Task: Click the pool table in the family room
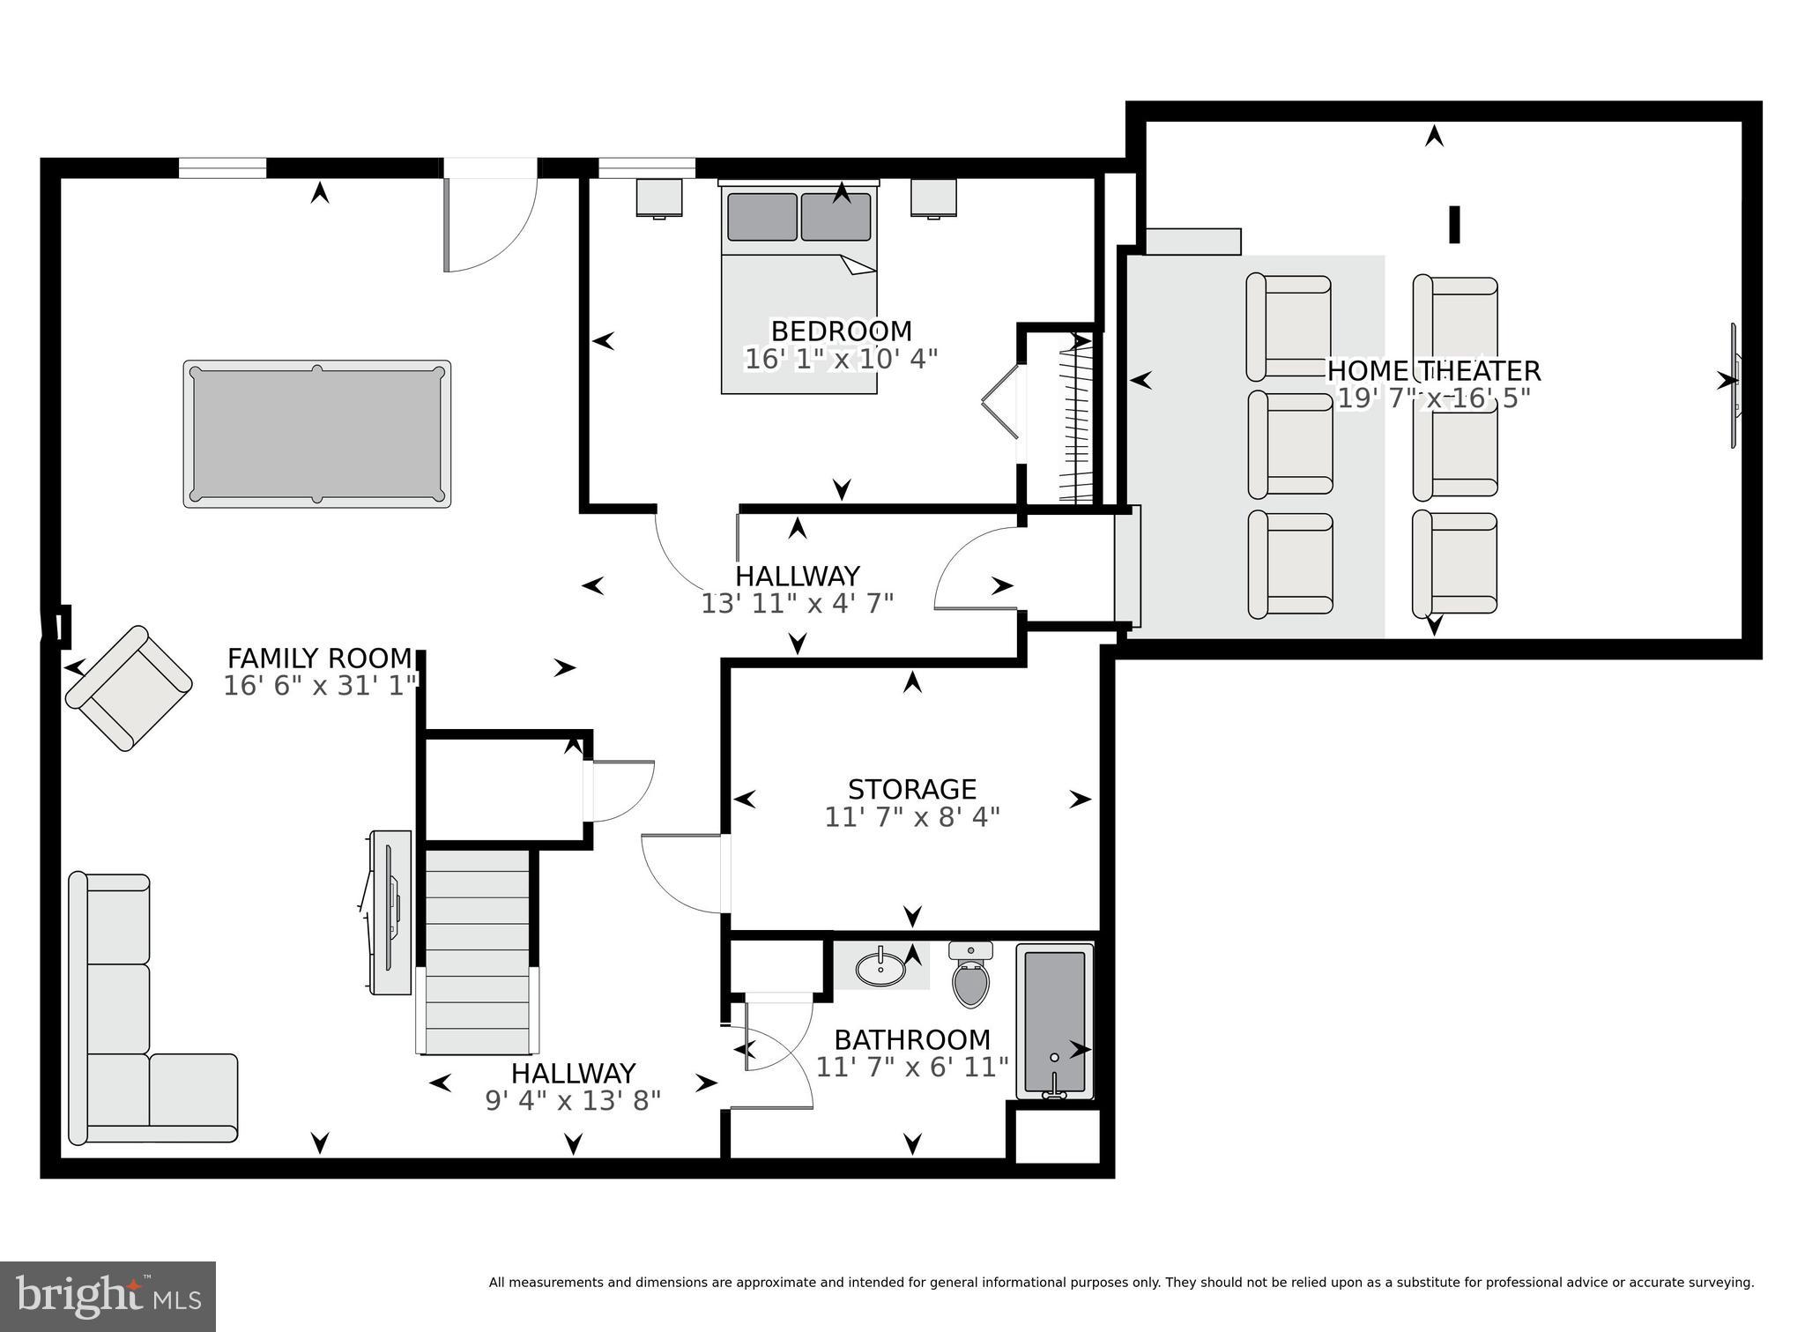tap(317, 434)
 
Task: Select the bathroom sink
tap(880, 967)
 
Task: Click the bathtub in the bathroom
tap(1055, 1021)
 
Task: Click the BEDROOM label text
tap(841, 331)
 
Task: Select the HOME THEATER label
tap(1433, 370)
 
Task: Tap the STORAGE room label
tap(911, 789)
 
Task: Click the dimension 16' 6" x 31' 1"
tap(319, 686)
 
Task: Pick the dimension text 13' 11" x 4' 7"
tap(797, 604)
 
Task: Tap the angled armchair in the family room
tap(129, 688)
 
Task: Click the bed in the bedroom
tap(799, 291)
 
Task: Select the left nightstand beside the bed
tap(659, 197)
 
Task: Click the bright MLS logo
tap(108, 1296)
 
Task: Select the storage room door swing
tap(683, 873)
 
